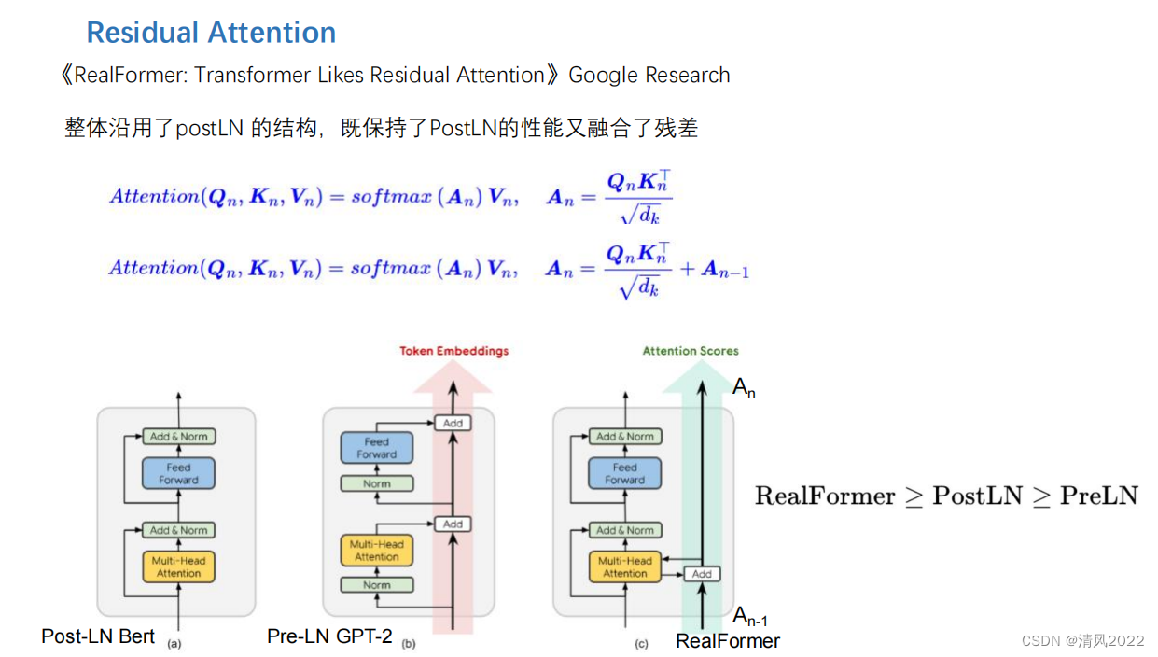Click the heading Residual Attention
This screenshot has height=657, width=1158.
211,33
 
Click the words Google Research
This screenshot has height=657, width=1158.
649,76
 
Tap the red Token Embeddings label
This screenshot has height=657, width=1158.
454,351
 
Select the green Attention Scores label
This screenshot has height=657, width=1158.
691,351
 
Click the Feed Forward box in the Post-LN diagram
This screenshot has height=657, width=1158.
178,473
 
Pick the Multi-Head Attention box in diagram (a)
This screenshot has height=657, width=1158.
178,566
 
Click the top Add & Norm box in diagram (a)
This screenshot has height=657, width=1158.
178,436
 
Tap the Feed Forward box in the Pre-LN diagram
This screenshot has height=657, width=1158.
376,448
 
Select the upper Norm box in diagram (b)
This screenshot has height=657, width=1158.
376,483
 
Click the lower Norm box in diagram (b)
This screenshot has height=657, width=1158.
376,585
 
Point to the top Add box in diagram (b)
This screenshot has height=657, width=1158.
453,423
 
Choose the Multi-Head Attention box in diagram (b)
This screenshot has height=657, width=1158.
376,551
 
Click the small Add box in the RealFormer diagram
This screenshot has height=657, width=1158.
702,574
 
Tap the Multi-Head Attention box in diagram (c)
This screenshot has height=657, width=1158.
624,566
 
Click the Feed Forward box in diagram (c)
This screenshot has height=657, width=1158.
624,473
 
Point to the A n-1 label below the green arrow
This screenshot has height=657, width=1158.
750,616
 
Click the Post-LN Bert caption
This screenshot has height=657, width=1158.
98,636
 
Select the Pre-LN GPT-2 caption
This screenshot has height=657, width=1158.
329,636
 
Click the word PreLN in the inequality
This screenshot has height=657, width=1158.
1098,496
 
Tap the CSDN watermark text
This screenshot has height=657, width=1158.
1082,640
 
